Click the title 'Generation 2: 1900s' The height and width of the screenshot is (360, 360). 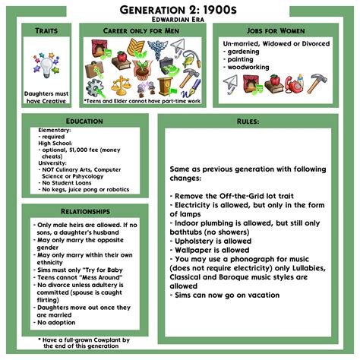click(x=180, y=8)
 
